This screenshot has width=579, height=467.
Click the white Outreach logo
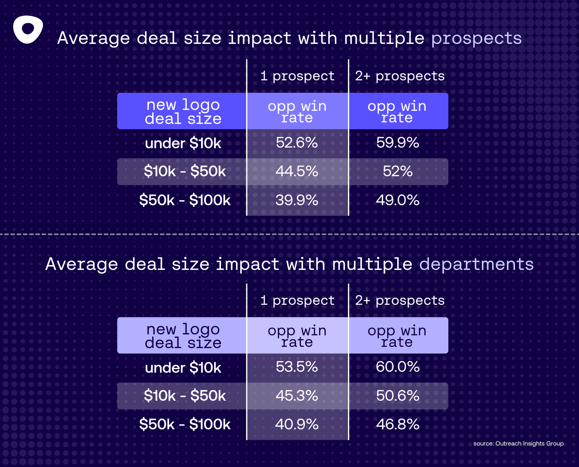[x=28, y=29]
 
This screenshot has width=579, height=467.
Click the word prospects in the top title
[x=476, y=39]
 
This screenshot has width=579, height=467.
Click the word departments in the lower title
[x=476, y=264]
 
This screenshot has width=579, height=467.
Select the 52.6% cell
[x=297, y=143]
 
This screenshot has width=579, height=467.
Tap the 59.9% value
[x=398, y=143]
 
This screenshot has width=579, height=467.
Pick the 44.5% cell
[x=297, y=172]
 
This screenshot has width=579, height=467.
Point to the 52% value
[x=398, y=172]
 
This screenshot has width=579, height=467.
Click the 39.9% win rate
[x=297, y=200]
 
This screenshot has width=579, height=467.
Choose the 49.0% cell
[x=398, y=200]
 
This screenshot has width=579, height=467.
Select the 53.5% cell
[x=297, y=367]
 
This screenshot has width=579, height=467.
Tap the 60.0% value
[x=398, y=367]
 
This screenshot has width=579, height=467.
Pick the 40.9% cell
[x=297, y=424]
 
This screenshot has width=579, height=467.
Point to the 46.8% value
[x=398, y=424]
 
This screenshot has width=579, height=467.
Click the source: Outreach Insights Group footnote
[x=518, y=444]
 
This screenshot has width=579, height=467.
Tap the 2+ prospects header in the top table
[x=400, y=76]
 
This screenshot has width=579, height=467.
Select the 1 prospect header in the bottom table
[x=297, y=301]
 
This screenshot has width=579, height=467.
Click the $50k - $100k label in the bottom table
[x=185, y=424]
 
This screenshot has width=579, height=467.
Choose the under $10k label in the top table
[x=183, y=144]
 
